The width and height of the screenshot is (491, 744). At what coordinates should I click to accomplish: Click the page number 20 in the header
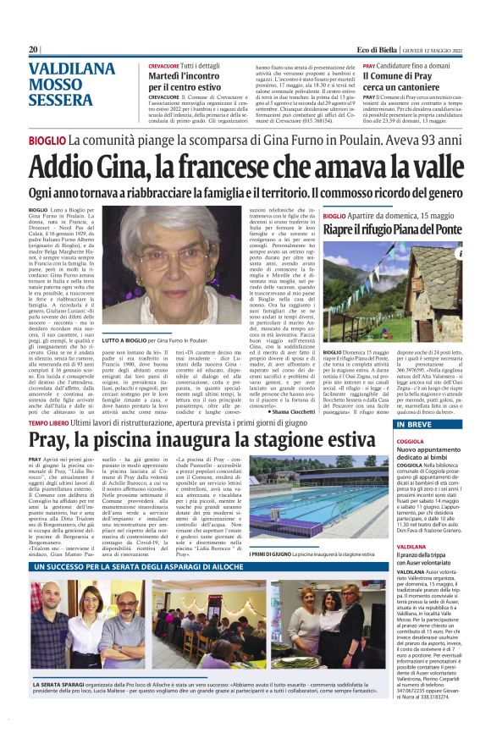click(x=34, y=50)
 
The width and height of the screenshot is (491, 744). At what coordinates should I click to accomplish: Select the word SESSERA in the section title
click(x=62, y=101)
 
